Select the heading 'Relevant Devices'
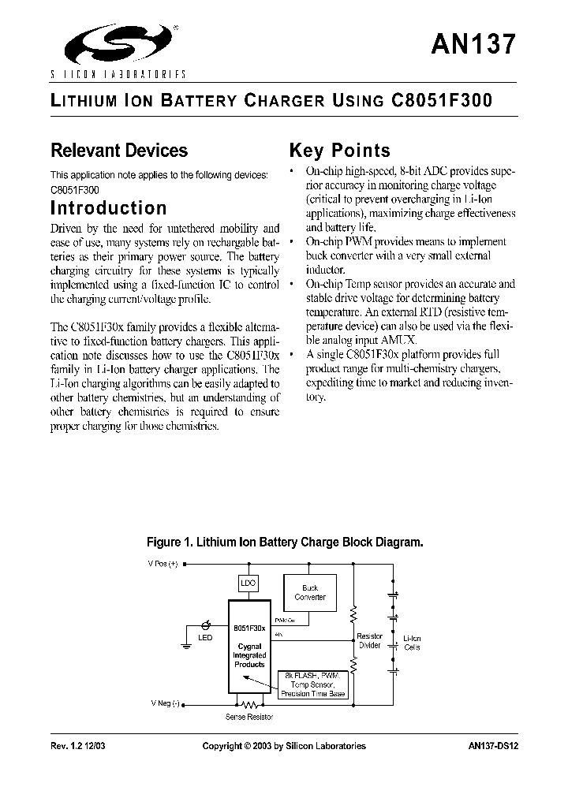pos(119,151)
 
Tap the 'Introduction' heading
pos(109,208)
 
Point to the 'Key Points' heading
pos(340,151)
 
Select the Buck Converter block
pos(310,593)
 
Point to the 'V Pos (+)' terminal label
pos(165,565)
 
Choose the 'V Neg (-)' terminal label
pos(165,703)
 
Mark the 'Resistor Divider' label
pos(369,640)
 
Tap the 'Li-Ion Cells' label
pos(412,643)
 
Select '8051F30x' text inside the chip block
pos(248,627)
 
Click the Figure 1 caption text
pos(285,543)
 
